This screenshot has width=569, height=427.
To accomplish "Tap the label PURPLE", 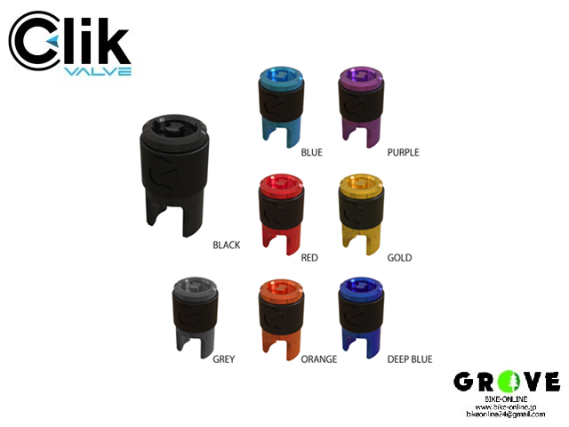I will coord(403,152).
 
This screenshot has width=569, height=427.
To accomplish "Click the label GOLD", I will coord(399,257).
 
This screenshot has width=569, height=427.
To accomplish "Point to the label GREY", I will coord(224,359).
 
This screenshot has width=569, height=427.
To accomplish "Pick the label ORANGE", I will coord(318,359).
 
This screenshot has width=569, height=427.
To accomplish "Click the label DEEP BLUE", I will coord(409,359).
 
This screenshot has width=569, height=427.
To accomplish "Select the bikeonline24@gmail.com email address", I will coord(507,415).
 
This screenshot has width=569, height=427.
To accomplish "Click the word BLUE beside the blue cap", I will coord(311,152).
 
